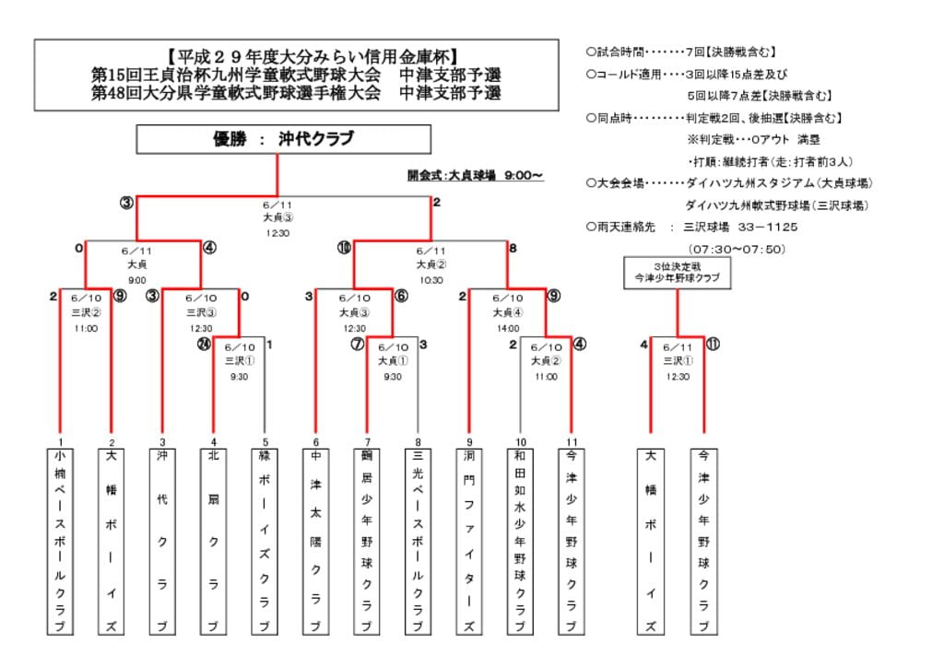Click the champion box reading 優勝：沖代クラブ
284,139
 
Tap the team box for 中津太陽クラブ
315,541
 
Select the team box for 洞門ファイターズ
468,541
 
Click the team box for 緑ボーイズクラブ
264,541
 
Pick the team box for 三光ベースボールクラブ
418,541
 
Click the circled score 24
205,344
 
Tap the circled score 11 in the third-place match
713,345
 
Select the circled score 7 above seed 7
358,345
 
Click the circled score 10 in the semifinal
344,248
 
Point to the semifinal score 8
513,248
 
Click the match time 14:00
507,327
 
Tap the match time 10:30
431,280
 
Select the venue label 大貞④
507,312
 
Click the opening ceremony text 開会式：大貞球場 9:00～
475,174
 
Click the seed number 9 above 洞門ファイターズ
468,441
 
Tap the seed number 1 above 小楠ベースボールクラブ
60,441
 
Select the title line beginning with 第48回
296,93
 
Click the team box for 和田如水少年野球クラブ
520,541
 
